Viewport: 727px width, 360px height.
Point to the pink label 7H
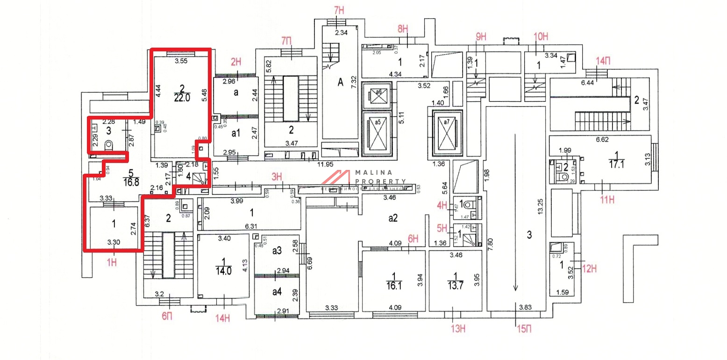pos(339,10)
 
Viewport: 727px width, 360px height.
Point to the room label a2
pos(393,218)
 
